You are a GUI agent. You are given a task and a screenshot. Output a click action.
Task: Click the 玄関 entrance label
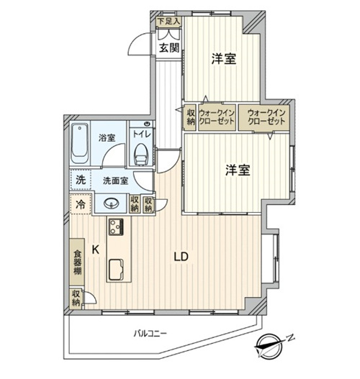click(169, 48)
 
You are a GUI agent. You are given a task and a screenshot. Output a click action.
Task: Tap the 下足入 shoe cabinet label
click(169, 22)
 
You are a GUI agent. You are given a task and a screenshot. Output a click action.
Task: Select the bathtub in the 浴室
click(79, 144)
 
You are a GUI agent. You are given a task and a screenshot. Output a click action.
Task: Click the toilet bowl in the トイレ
click(141, 154)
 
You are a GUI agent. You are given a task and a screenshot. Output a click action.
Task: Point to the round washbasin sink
click(112, 203)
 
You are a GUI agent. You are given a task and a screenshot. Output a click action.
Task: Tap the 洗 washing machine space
click(81, 180)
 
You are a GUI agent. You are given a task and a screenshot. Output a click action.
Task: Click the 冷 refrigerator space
click(81, 204)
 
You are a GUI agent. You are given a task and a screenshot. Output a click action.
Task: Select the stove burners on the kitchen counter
click(116, 227)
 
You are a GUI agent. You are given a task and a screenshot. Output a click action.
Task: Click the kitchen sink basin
click(117, 270)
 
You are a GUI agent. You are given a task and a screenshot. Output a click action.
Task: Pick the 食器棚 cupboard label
click(78, 262)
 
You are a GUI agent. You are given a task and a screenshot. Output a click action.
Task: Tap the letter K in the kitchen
click(96, 250)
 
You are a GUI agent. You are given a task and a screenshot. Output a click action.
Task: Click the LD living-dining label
click(181, 257)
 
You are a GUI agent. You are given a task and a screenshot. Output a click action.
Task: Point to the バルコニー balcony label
click(150, 334)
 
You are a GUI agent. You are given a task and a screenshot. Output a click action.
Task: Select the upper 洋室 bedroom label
click(224, 58)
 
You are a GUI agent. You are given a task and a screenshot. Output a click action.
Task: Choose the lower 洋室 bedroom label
click(238, 170)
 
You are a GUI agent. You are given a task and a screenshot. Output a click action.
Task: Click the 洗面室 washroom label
click(115, 181)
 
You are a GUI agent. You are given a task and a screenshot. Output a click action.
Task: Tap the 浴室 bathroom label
click(107, 138)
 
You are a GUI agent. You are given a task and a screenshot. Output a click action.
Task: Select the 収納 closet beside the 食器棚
click(76, 298)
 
